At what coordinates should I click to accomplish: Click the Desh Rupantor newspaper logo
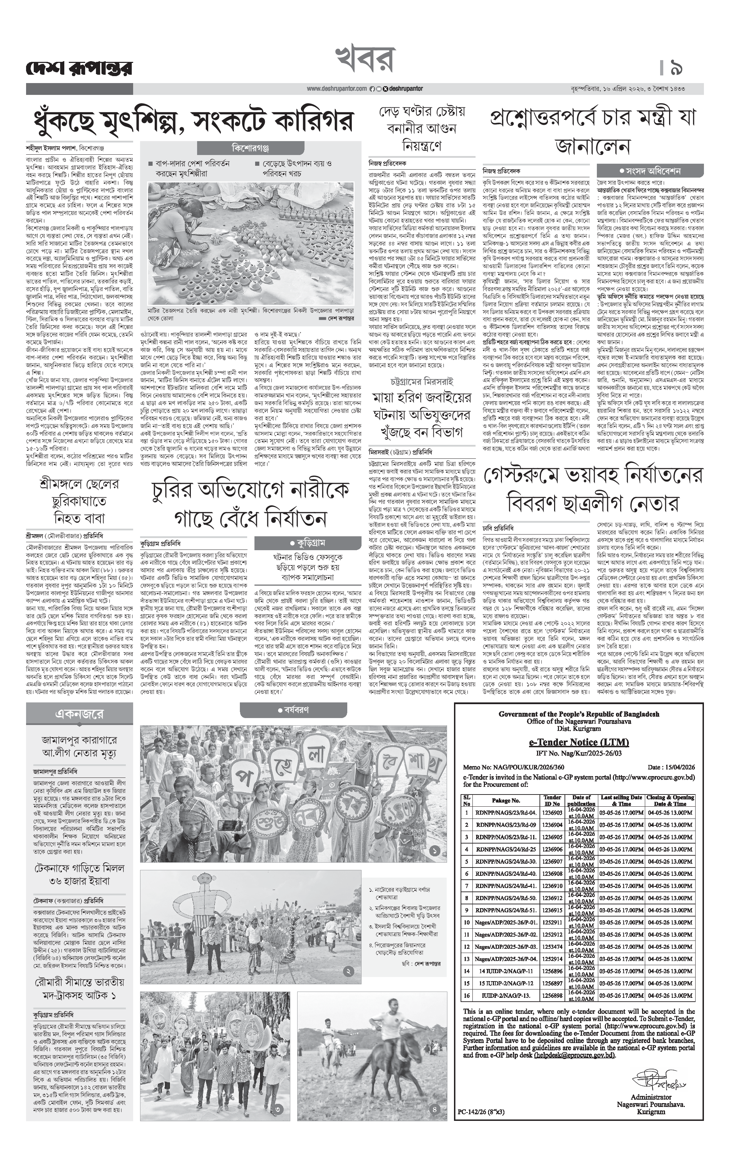click(x=79, y=68)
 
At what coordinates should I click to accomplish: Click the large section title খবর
click(x=365, y=59)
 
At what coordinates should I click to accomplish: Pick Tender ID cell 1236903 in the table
click(x=552, y=813)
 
